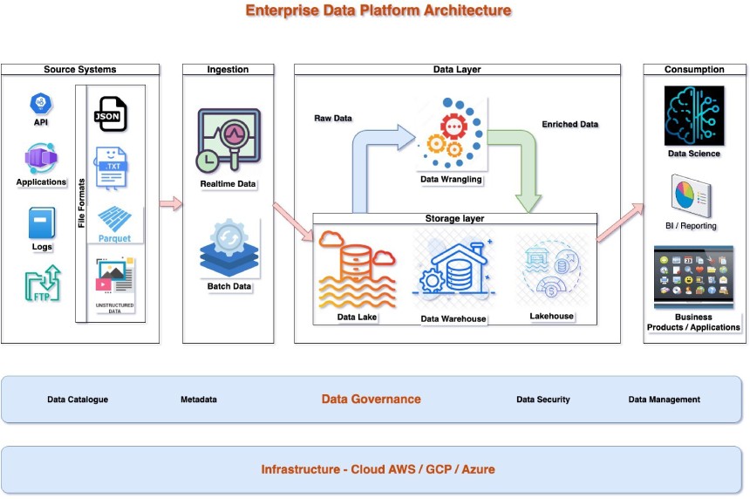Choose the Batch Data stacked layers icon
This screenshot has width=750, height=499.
tap(228, 248)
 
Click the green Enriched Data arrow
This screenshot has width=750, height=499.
tap(520, 166)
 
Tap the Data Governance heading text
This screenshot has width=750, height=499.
tap(371, 399)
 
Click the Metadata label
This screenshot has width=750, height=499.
tap(199, 400)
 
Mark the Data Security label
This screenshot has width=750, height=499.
tap(542, 400)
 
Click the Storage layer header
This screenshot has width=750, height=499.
tap(454, 219)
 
